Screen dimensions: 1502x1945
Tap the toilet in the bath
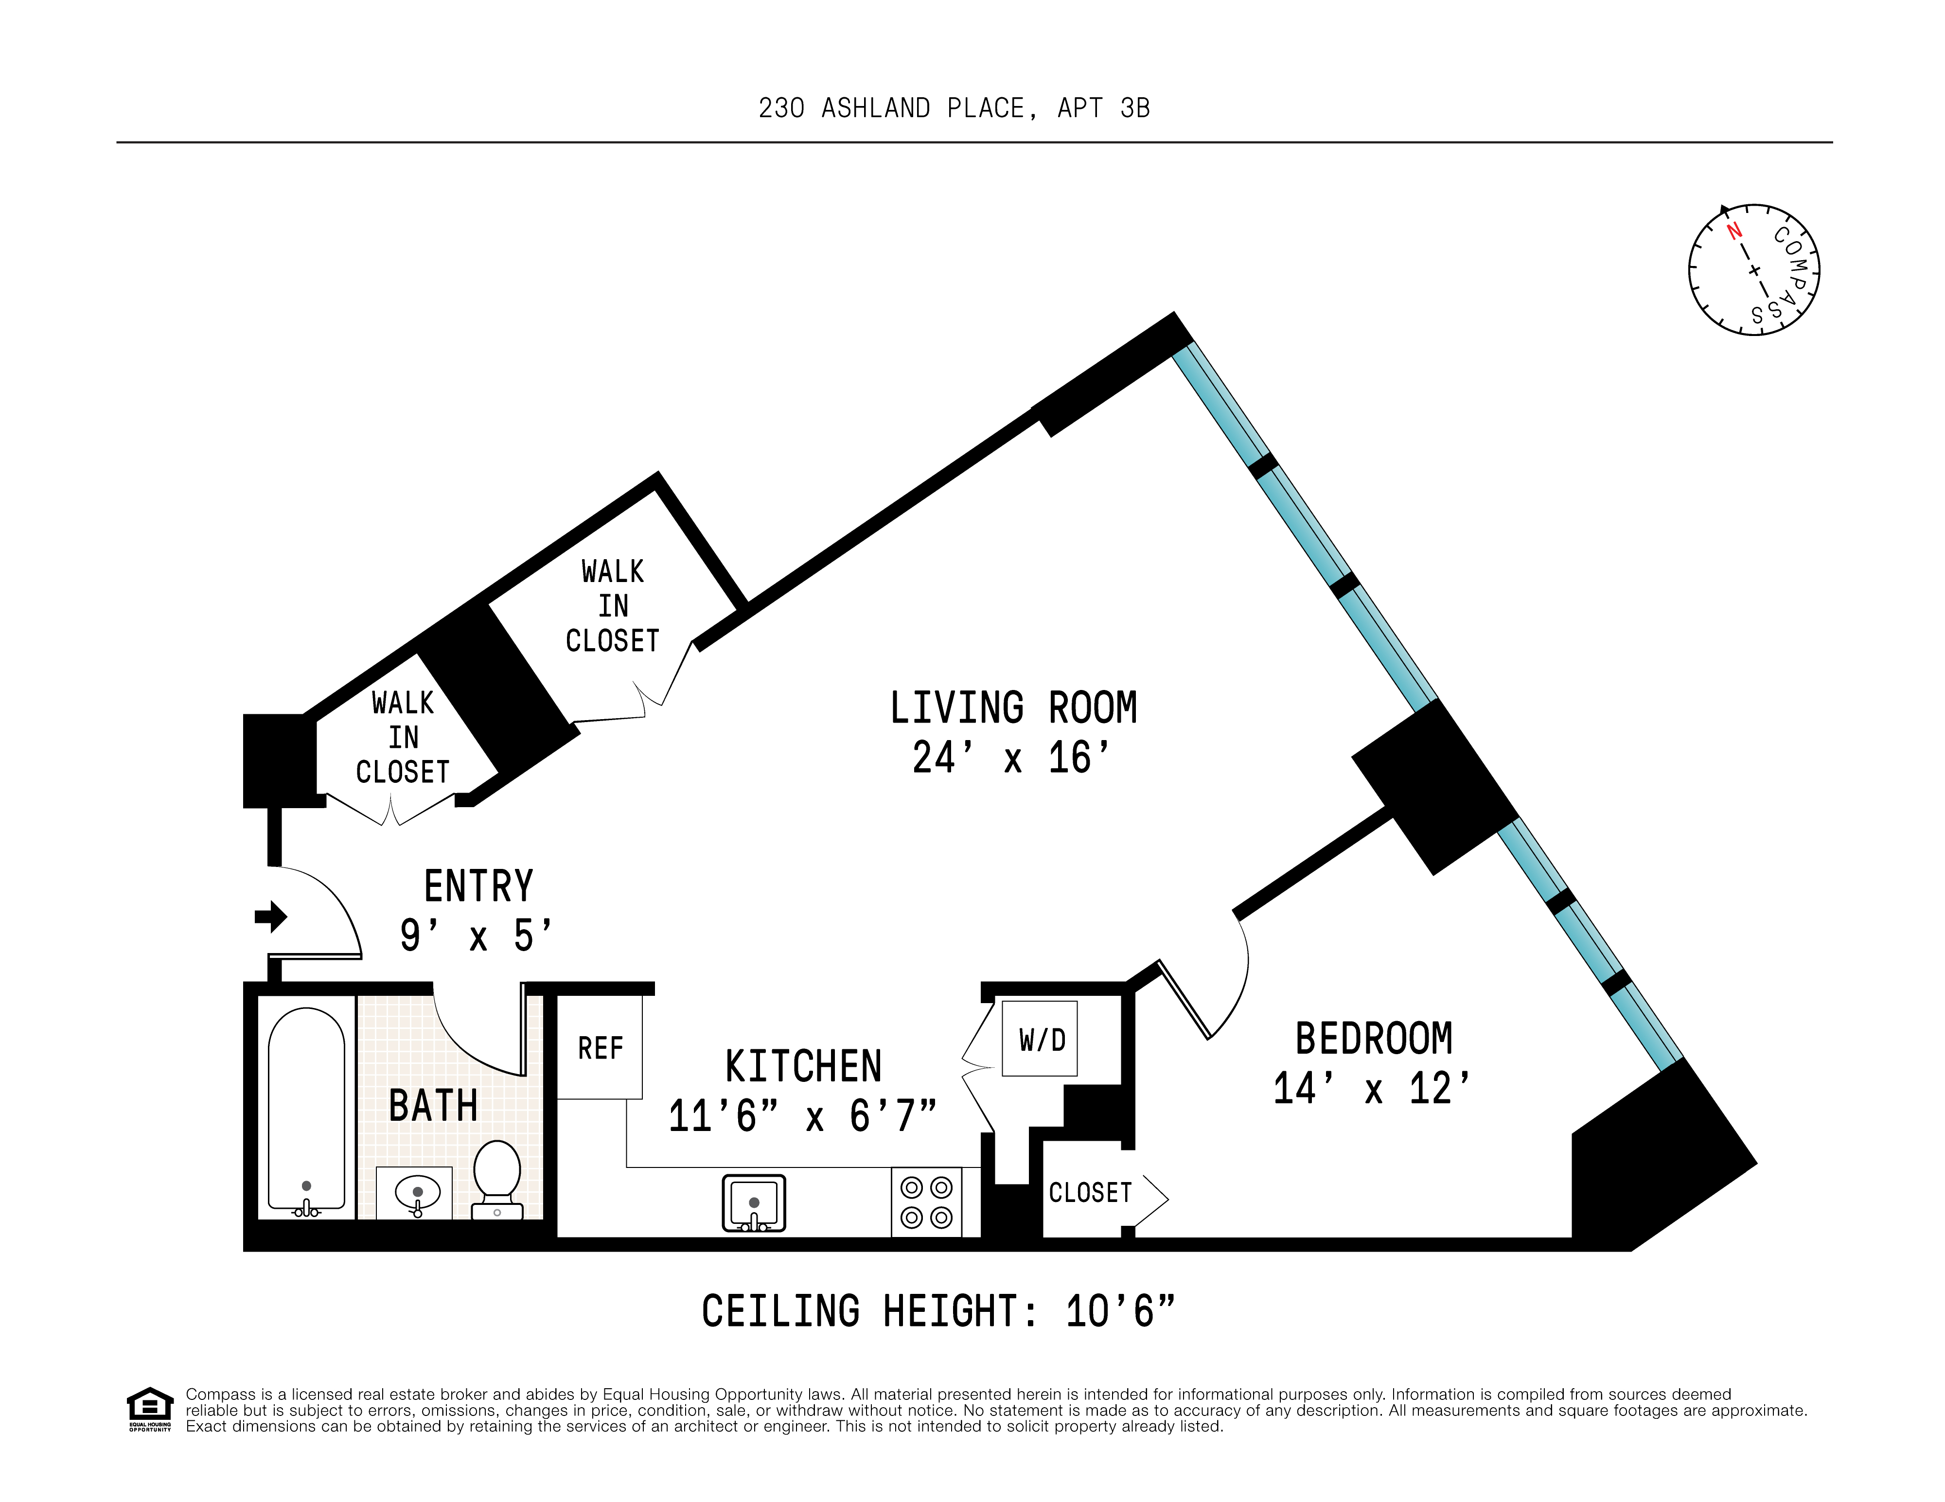[x=497, y=1173]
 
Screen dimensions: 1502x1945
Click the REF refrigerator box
[x=600, y=1048]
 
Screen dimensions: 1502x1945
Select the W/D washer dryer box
[x=1040, y=1039]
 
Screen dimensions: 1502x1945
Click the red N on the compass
[x=1734, y=231]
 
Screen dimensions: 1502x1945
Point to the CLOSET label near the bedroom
[x=1090, y=1192]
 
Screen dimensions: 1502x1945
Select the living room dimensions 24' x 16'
[x=1012, y=759]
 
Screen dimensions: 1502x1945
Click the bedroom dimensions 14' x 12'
[x=1372, y=1089]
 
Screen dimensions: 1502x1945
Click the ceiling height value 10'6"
[x=1120, y=1311]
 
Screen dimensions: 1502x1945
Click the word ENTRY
[x=478, y=887]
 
